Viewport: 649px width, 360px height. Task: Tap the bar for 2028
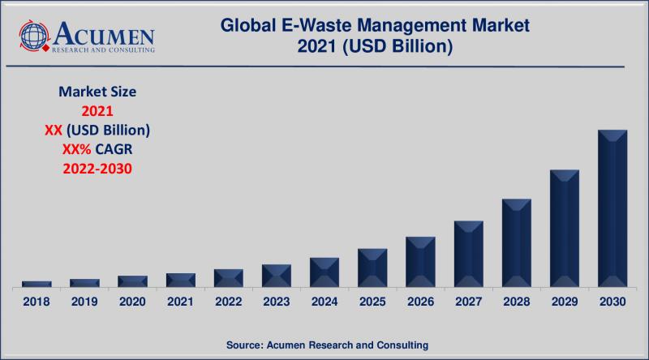[517, 242]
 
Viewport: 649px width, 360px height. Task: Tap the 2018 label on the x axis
[37, 302]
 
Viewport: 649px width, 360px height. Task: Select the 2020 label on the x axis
[132, 302]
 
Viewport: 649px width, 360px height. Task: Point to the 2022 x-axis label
[229, 302]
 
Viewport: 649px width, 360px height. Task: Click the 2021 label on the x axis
[180, 302]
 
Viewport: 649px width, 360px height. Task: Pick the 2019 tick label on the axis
[84, 302]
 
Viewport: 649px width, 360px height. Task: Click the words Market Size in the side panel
[97, 92]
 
